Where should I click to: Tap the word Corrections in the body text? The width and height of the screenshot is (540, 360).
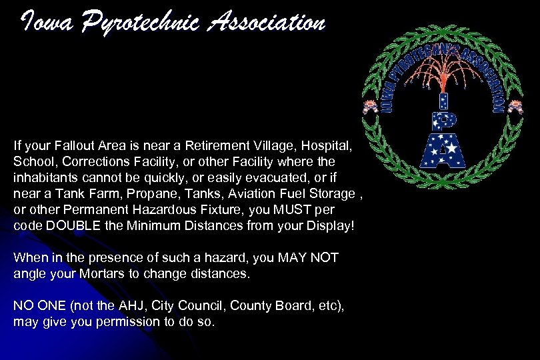point(81,161)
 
